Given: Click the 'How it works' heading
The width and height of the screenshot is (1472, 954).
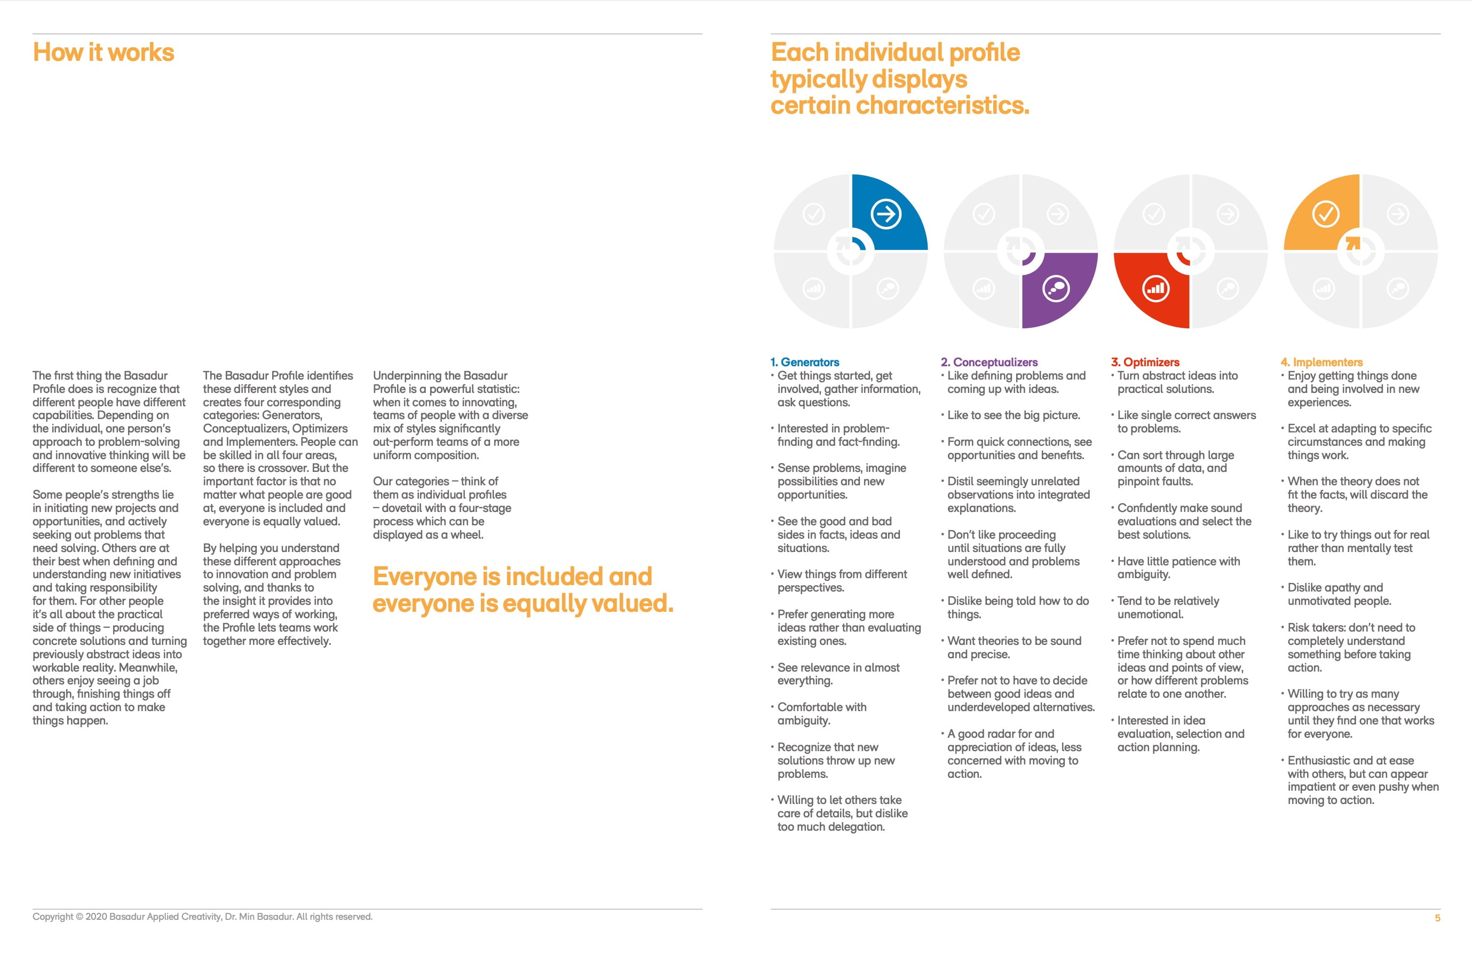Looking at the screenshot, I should click(104, 53).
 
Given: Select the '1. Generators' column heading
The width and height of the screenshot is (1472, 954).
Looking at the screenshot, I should click(805, 362).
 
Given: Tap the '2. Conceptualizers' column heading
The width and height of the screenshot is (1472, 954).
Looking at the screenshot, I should click(989, 362).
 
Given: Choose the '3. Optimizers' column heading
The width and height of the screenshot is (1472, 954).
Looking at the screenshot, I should click(1145, 362).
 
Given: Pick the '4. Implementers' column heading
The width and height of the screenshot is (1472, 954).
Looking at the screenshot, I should click(1321, 362).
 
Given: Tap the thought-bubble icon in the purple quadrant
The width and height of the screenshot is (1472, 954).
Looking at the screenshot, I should click(1056, 288).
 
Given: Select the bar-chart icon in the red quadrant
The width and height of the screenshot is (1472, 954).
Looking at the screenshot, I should click(1156, 288).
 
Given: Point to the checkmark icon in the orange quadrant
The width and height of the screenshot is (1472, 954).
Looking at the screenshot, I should click(1325, 214).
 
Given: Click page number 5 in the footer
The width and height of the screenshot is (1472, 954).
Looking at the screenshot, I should click(1437, 918).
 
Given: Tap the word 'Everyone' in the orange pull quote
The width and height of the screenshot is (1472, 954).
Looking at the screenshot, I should click(425, 577).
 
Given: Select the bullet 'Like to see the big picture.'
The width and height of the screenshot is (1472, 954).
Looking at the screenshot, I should click(1013, 415).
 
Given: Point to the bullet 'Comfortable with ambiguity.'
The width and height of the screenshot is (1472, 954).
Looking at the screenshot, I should click(821, 713).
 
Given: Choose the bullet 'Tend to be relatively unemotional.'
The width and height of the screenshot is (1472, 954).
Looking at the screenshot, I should click(1168, 608).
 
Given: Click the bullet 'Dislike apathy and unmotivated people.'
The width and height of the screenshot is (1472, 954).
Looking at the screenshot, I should click(1339, 594).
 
